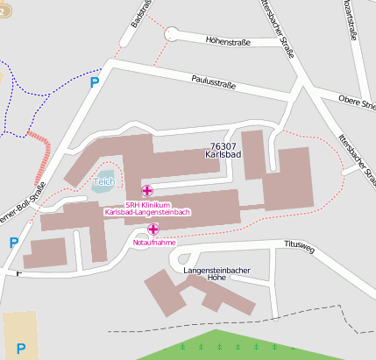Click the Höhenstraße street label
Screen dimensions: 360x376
[x=227, y=40]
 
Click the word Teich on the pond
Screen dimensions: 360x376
[x=104, y=182]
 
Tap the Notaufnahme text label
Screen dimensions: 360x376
[x=154, y=243]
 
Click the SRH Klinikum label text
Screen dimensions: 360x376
[x=146, y=205]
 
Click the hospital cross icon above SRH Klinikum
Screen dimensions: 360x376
[x=146, y=190]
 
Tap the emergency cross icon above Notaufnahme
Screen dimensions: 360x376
[x=153, y=229]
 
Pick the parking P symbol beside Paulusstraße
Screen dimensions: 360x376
[x=95, y=82]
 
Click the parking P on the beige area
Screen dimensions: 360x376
[x=20, y=348]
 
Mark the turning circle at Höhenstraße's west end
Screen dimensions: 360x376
[x=170, y=33]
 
